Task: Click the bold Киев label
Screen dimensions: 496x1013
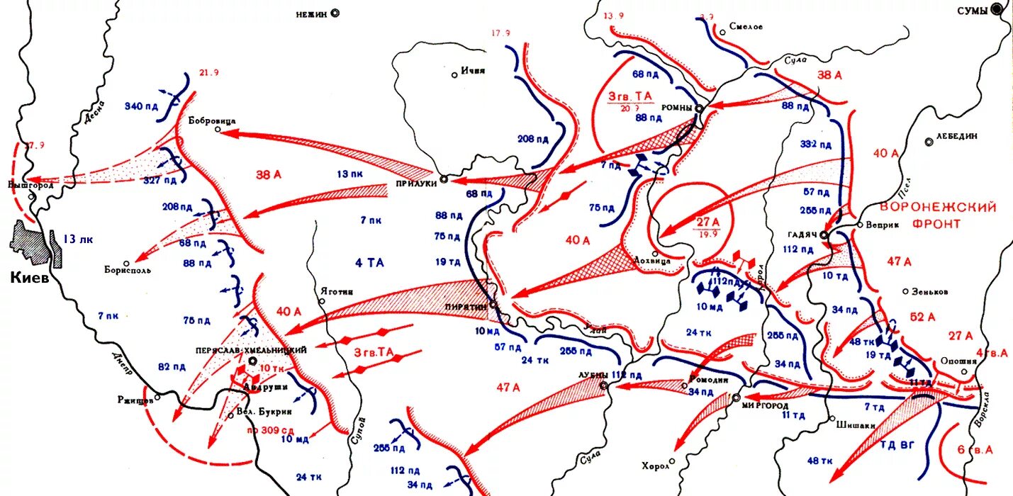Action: [x=30, y=278]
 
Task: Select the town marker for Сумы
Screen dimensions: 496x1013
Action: [x=997, y=10]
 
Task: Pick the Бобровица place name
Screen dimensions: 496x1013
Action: [x=212, y=121]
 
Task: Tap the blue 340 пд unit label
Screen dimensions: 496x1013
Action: [x=141, y=106]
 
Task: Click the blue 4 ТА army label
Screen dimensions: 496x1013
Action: [x=369, y=263]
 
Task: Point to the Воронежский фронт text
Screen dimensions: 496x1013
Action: [x=937, y=215]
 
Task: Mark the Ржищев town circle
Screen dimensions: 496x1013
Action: [x=157, y=397]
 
